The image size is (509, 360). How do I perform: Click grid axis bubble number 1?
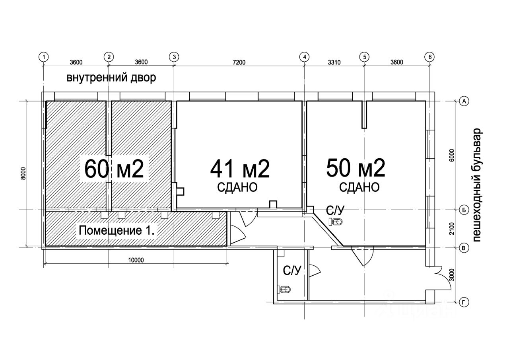[44, 57]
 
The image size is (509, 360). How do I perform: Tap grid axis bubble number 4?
[305, 57]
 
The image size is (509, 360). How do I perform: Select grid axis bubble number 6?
[430, 57]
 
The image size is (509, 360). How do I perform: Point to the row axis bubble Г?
[464, 302]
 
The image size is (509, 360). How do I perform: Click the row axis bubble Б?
[464, 210]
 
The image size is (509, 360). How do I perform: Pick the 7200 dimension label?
[239, 62]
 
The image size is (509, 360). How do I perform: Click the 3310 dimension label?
[334, 62]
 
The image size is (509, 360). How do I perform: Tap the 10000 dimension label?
[136, 260]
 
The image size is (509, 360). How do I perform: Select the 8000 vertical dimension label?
[23, 174]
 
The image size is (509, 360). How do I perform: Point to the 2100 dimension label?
[451, 229]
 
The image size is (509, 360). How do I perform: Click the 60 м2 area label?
[114, 169]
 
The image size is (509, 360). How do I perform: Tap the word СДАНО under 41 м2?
[237, 187]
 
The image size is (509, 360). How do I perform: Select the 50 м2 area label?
[356, 168]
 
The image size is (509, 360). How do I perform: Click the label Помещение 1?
[117, 230]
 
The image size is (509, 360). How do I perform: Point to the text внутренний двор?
[111, 78]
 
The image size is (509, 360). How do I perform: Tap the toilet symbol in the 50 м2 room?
[335, 221]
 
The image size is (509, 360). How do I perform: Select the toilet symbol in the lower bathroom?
[284, 289]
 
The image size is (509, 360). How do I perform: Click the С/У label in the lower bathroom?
[292, 270]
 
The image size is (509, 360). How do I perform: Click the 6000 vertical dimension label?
[451, 156]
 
